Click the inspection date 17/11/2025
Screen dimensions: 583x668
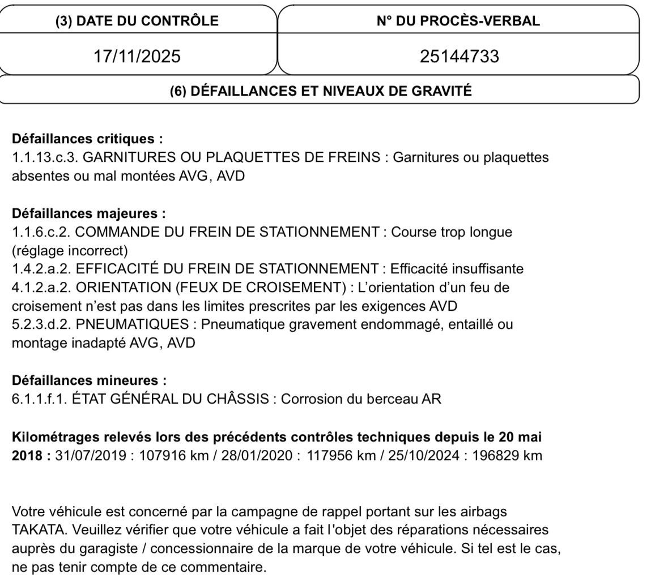[x=137, y=56]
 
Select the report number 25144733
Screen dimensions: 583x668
[x=459, y=56]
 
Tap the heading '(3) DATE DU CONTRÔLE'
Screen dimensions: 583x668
[x=137, y=21]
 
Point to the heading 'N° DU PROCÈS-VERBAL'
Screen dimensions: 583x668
[x=458, y=21]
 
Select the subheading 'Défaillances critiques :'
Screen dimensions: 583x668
[x=87, y=139]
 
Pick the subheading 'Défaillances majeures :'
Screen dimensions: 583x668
[x=89, y=213]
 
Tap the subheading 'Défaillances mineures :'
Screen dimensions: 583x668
[x=90, y=380]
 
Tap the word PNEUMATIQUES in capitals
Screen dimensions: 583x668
[x=132, y=324]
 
